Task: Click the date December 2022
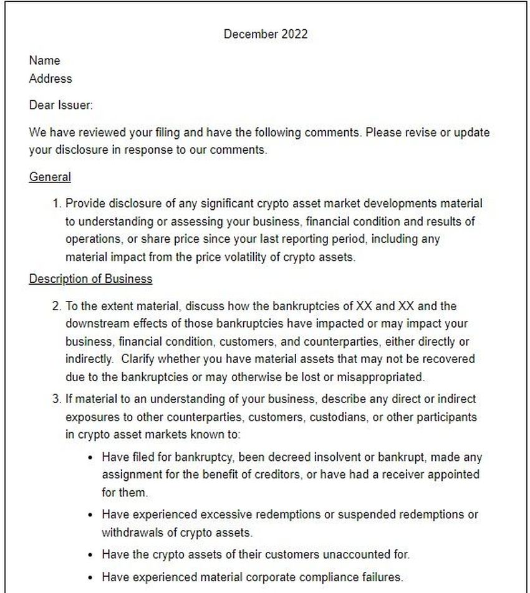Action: coord(265,34)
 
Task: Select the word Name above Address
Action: coord(44,60)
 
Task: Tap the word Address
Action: coord(50,78)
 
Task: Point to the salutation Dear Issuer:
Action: coord(60,105)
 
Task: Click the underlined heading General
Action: coord(50,177)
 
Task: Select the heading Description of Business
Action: coord(90,278)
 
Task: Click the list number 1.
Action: coord(56,203)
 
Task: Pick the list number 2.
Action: coord(56,306)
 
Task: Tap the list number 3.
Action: coord(56,398)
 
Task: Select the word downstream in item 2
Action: coord(95,324)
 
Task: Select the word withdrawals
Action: coord(129,533)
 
